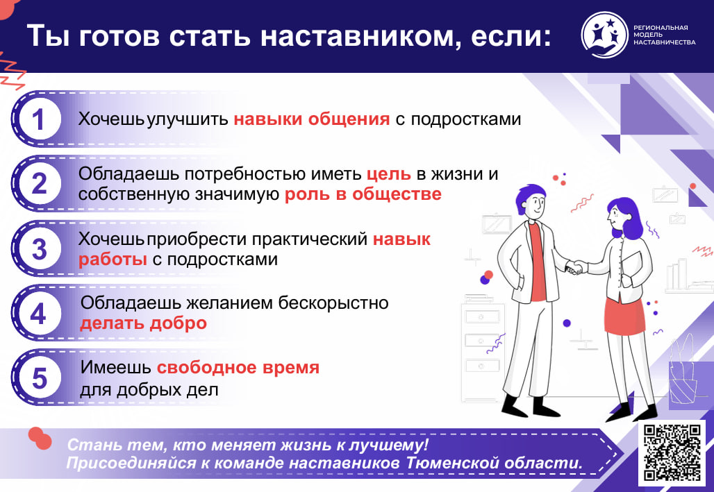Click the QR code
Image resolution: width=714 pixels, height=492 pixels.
tap(672, 452)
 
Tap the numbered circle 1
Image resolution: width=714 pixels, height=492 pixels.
tap(38, 119)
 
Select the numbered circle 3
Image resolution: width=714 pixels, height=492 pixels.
tap(39, 248)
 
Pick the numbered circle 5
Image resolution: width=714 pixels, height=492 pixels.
tap(39, 378)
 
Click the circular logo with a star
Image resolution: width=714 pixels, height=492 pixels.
tap(605, 35)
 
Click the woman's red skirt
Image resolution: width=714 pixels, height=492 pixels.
tap(624, 315)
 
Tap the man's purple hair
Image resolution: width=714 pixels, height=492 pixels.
tap(529, 196)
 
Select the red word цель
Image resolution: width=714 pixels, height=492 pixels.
tap(388, 174)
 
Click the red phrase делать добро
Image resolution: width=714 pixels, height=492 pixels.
tap(144, 323)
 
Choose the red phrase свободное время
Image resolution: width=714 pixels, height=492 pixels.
tap(238, 368)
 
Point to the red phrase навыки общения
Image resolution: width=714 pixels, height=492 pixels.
tap(312, 119)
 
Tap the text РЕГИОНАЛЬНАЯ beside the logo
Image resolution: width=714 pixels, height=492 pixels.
tap(661, 28)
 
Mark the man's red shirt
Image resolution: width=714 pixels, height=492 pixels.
tap(538, 262)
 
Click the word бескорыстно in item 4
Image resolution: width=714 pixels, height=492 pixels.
tap(333, 303)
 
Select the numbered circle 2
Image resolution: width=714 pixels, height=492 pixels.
tap(39, 183)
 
